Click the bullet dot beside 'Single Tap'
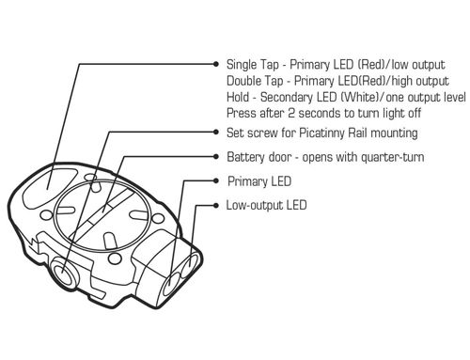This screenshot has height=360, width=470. (x=215, y=64)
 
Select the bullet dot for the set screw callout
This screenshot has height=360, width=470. (x=215, y=132)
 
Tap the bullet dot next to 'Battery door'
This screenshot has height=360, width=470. (x=215, y=156)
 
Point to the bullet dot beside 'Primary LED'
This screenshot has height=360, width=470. (x=215, y=180)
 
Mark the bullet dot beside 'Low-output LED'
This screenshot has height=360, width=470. (x=215, y=205)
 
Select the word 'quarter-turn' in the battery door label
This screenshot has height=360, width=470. (x=393, y=157)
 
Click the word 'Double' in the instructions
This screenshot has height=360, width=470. (x=243, y=81)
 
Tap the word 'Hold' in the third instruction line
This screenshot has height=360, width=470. (x=238, y=97)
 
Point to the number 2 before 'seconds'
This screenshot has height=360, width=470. (x=291, y=113)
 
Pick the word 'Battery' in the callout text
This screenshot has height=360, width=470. (x=245, y=157)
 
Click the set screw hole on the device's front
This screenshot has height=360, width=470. (x=63, y=273)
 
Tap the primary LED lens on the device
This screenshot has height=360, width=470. (x=171, y=284)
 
